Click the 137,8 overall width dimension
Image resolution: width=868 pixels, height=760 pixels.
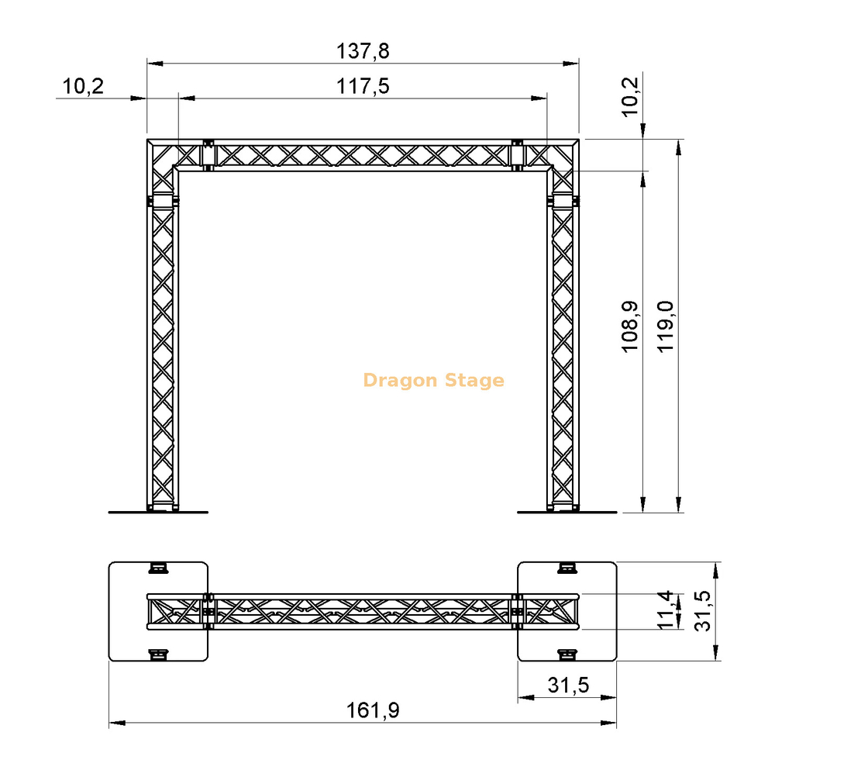363,51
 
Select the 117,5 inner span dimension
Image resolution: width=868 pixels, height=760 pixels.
363,86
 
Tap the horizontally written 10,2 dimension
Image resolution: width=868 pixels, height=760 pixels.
83,86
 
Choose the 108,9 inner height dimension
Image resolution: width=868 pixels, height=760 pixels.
632,327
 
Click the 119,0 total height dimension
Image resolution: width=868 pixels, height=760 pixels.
666,327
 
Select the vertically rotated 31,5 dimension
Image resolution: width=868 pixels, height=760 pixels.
701,611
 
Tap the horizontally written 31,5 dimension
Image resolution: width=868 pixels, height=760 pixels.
568,685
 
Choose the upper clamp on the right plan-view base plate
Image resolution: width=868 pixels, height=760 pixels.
567,568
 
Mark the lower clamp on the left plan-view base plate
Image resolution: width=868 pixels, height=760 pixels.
158,655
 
